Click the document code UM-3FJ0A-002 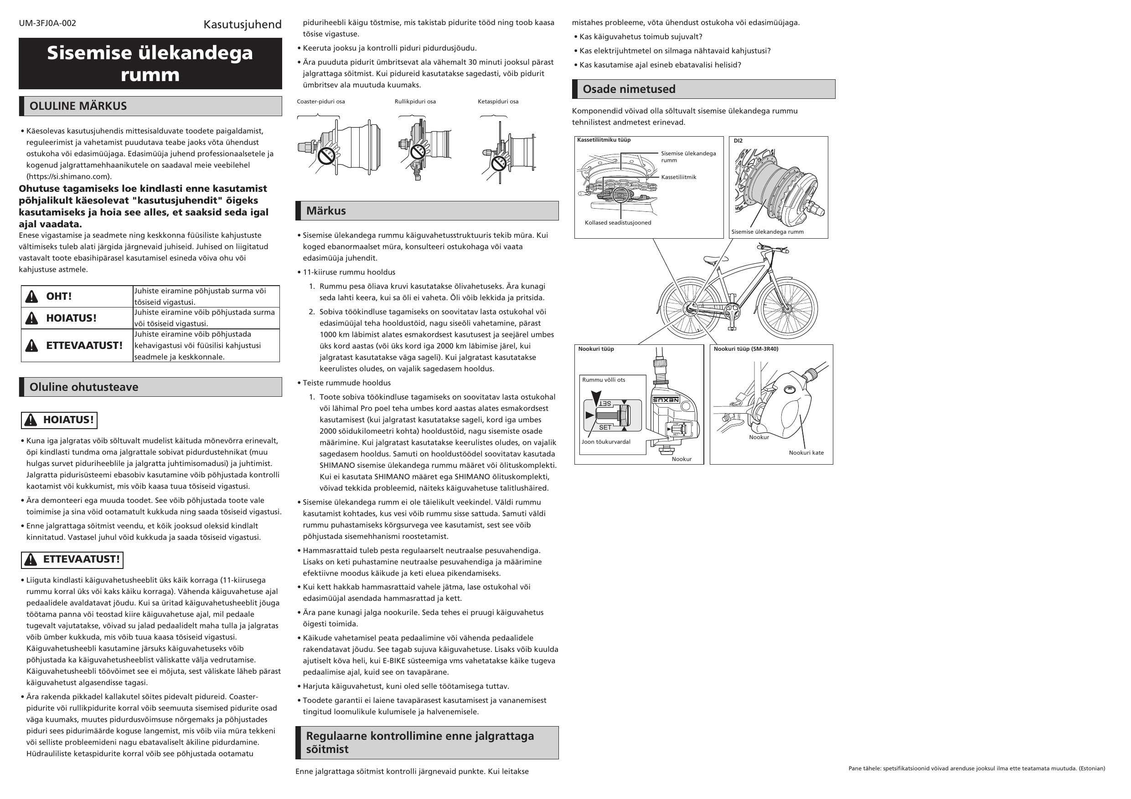(47, 23)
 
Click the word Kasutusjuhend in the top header (243, 24)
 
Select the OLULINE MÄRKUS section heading (78, 106)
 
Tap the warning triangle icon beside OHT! (31, 297)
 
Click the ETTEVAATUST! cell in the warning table (84, 346)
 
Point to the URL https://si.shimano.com (69, 177)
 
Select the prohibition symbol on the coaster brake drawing (326, 156)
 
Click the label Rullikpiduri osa (415, 102)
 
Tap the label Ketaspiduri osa (497, 102)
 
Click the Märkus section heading (325, 211)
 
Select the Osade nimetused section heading (629, 90)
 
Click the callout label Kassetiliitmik (678, 177)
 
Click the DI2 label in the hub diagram (738, 141)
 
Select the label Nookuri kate (806, 453)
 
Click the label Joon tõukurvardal (605, 442)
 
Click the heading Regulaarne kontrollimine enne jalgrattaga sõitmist (420, 743)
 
